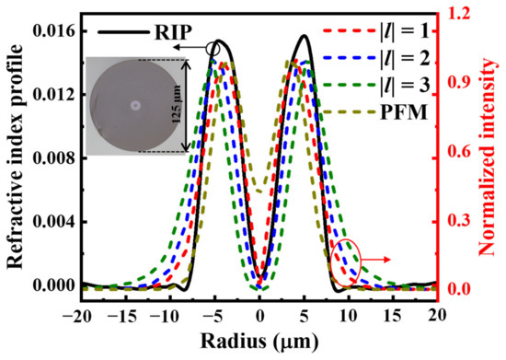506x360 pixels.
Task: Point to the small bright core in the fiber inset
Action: [135, 106]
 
